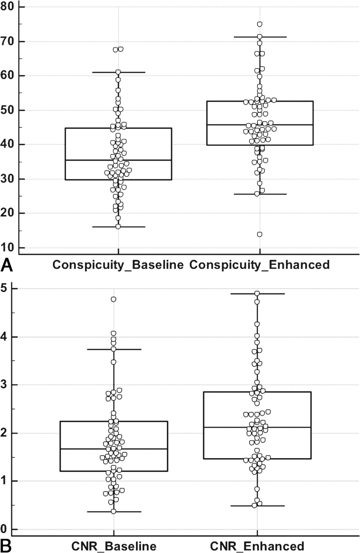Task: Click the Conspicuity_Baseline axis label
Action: (x=118, y=265)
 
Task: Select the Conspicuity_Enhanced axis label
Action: (x=259, y=265)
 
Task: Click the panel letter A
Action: (x=7, y=266)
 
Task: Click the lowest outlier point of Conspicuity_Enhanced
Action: (x=260, y=234)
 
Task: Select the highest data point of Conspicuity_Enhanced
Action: (x=260, y=24)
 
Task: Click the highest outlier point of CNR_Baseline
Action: (x=113, y=299)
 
